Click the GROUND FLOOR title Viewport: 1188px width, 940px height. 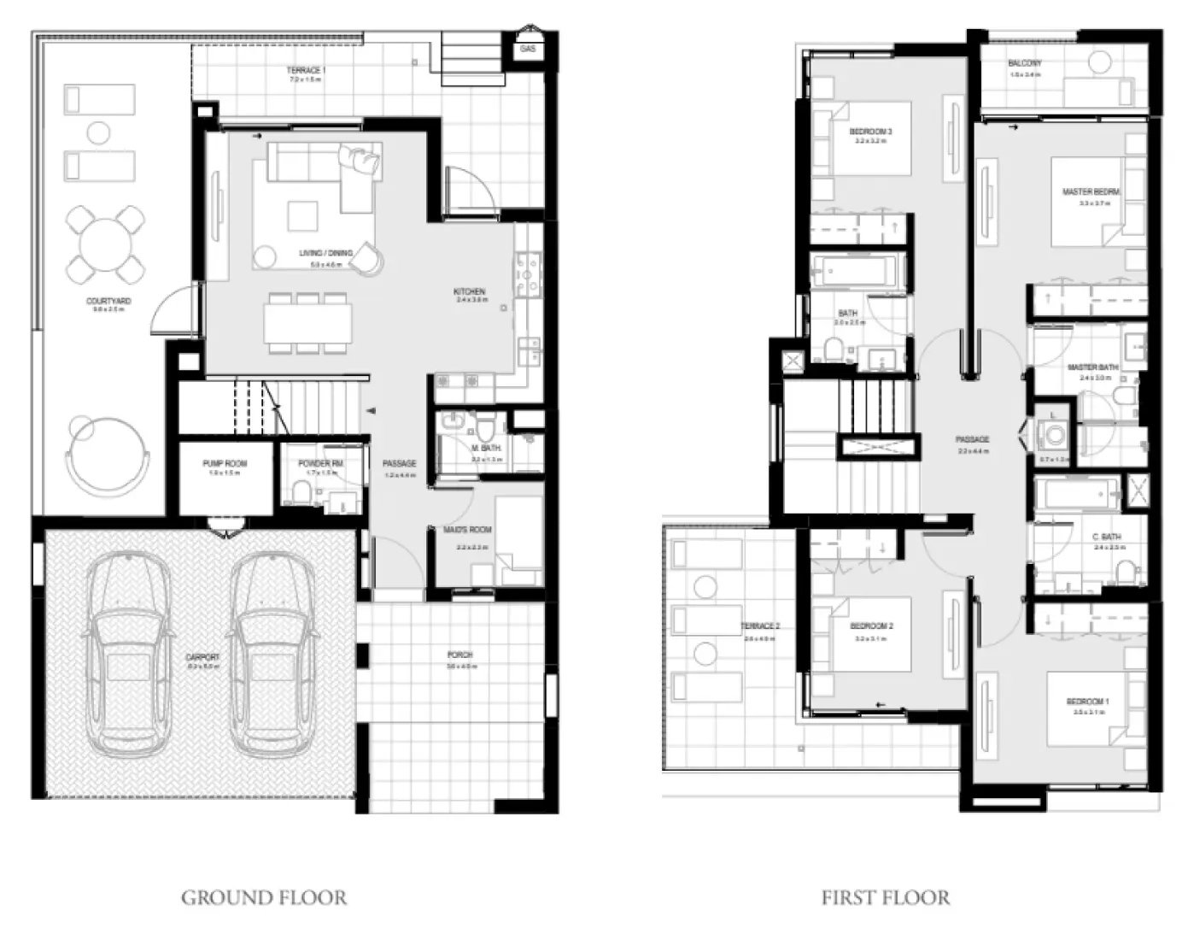click(264, 898)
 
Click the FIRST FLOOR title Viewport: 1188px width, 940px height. click(885, 898)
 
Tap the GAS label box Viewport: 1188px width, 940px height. click(528, 50)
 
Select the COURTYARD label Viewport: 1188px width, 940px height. click(108, 302)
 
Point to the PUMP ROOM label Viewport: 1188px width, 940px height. click(225, 464)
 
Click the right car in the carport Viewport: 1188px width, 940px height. click(269, 655)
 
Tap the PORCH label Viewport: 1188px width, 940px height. click(459, 655)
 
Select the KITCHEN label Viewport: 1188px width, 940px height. click(469, 292)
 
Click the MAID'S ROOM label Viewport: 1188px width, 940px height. click(467, 530)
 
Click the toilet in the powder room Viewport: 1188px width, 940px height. click(301, 491)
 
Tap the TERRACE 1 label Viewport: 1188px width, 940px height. click(306, 70)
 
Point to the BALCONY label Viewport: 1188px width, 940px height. click(1024, 64)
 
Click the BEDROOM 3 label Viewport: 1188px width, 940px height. click(870, 132)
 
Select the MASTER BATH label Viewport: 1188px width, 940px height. click(1092, 367)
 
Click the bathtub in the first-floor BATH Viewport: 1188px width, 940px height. click(853, 272)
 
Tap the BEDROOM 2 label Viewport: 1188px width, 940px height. click(871, 626)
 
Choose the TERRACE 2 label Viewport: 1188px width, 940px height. click(759, 626)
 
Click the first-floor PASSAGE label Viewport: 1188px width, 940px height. click(972, 440)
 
